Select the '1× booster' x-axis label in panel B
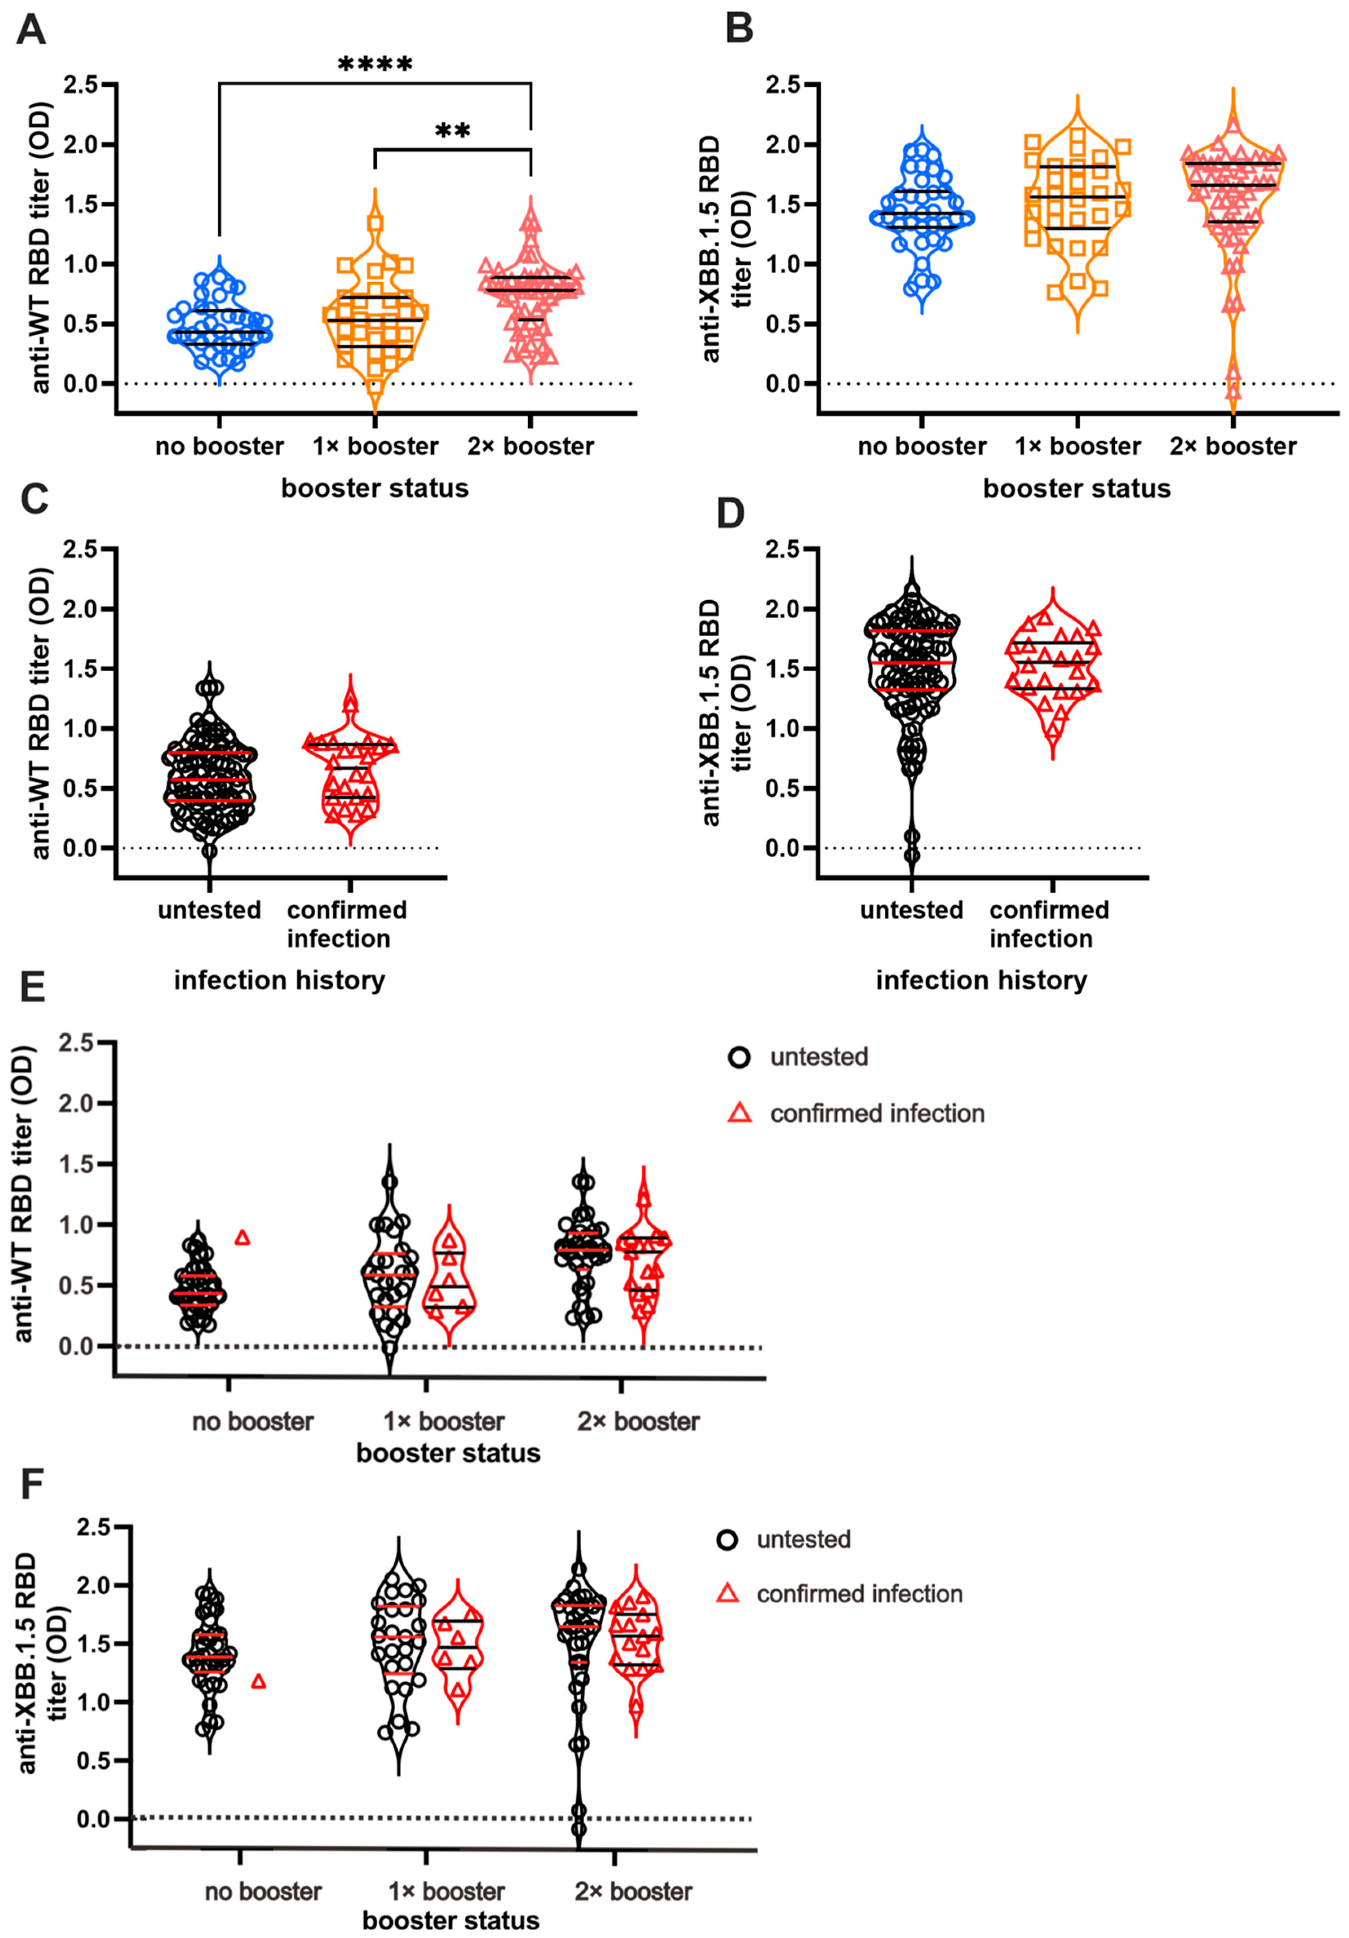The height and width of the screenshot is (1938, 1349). click(1077, 447)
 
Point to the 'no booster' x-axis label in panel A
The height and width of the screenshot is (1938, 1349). click(219, 447)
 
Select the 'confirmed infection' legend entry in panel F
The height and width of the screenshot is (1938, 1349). click(859, 1594)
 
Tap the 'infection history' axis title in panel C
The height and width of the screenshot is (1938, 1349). click(279, 980)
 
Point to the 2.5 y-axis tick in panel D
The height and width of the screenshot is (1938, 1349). click(782, 549)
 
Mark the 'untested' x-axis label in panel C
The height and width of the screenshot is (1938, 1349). click(209, 910)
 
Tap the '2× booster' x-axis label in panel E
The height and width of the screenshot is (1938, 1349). click(638, 1422)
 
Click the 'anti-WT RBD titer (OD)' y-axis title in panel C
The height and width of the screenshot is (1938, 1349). click(40, 712)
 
